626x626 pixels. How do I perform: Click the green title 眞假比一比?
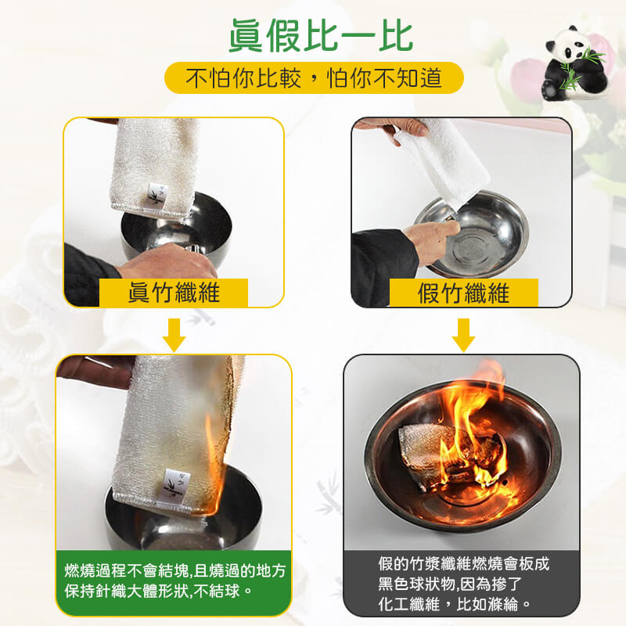(x=321, y=36)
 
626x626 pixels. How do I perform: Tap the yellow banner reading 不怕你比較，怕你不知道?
(x=314, y=77)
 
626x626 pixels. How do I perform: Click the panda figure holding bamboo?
(x=574, y=64)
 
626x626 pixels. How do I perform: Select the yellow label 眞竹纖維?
(x=174, y=293)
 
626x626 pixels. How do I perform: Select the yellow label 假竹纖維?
(x=463, y=293)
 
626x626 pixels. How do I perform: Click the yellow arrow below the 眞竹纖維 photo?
(x=174, y=335)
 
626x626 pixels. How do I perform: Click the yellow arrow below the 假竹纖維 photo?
(x=463, y=335)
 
